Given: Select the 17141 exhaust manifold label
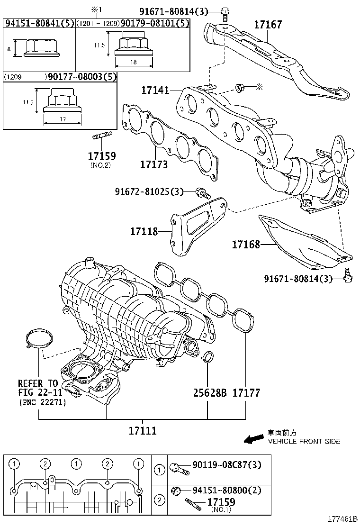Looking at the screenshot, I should [x=155, y=89].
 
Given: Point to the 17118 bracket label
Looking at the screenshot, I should [x=145, y=232].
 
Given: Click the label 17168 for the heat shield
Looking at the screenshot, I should [x=246, y=245].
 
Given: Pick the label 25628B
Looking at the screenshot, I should [x=209, y=393].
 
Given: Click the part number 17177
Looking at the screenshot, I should [x=246, y=393].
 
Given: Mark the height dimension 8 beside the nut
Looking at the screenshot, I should [x=9, y=48].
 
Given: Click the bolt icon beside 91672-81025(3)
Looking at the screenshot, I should [x=202, y=192].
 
